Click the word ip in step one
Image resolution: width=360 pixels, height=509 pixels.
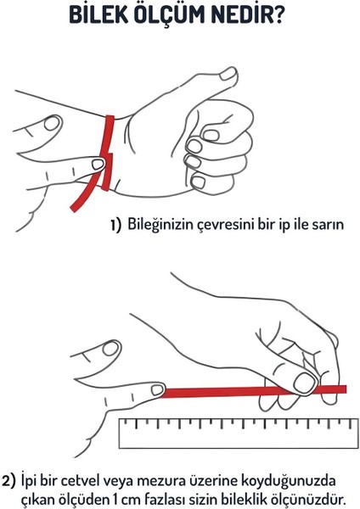[278, 227]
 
